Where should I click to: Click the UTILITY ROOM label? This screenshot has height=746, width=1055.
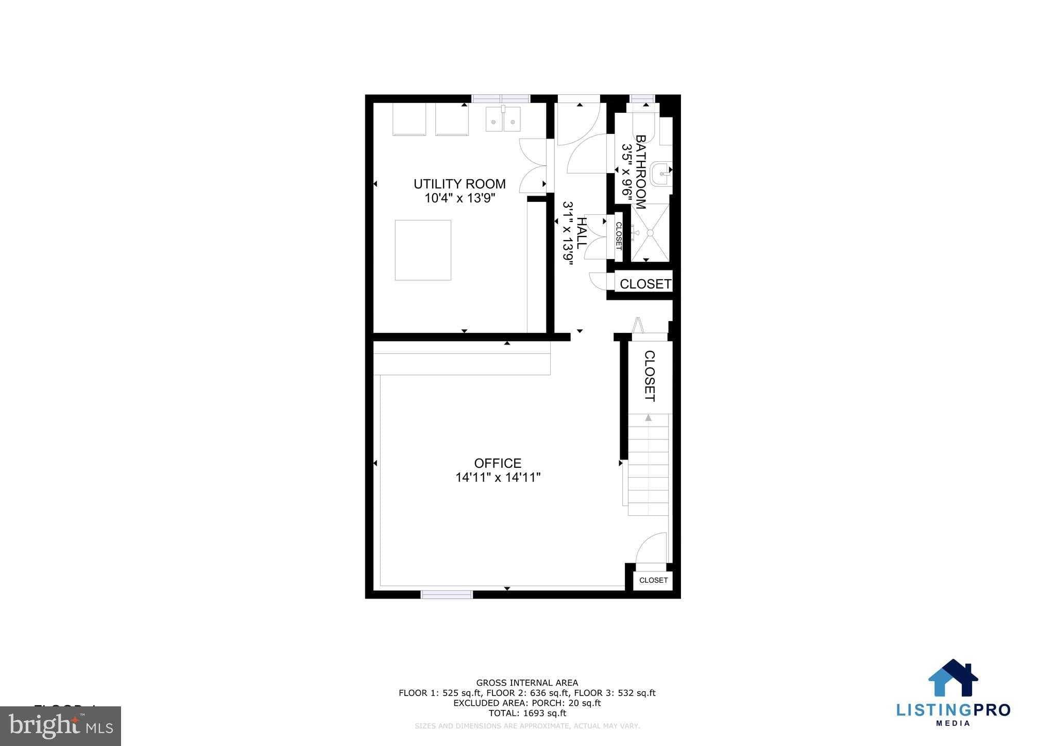pyautogui.click(x=460, y=184)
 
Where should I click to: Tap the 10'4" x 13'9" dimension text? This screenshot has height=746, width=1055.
pyautogui.click(x=460, y=198)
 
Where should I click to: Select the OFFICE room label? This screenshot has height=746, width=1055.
pyautogui.click(x=498, y=463)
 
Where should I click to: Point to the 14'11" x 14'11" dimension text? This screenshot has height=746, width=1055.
pyautogui.click(x=498, y=478)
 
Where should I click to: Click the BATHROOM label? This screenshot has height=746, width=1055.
pyautogui.click(x=640, y=172)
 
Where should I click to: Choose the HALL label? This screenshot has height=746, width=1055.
pyautogui.click(x=581, y=233)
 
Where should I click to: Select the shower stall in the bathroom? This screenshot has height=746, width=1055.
pyautogui.click(x=650, y=233)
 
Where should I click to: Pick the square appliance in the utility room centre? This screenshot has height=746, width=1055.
pyautogui.click(x=423, y=250)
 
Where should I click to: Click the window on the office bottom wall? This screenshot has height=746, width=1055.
pyautogui.click(x=447, y=594)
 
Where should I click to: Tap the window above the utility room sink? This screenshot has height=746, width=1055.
pyautogui.click(x=501, y=98)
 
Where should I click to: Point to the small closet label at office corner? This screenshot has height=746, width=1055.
pyautogui.click(x=653, y=580)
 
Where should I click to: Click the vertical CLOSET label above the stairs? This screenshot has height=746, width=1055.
pyautogui.click(x=650, y=376)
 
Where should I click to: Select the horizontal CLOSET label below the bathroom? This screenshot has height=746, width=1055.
pyautogui.click(x=645, y=284)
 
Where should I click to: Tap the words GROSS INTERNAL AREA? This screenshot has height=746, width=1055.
pyautogui.click(x=527, y=683)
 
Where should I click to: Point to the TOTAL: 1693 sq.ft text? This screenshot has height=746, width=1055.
pyautogui.click(x=527, y=713)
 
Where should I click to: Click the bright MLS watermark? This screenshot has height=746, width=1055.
pyautogui.click(x=61, y=726)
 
